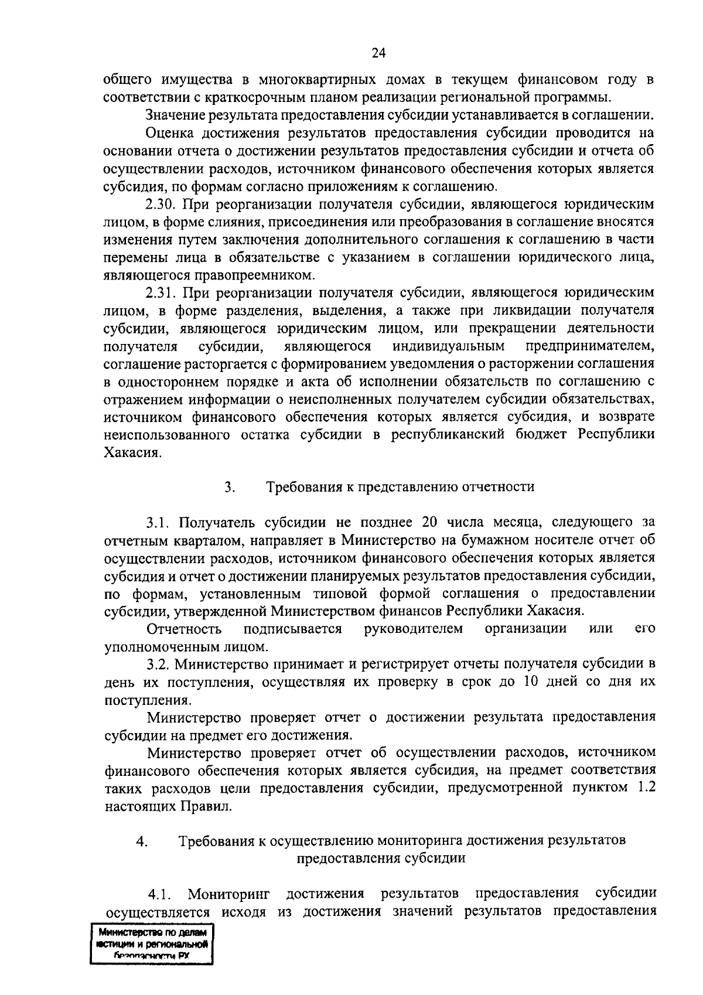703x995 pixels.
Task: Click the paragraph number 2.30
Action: [160, 205]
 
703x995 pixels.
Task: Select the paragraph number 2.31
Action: [160, 292]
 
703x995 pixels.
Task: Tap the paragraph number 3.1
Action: [158, 522]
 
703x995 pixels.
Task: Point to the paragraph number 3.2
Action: [158, 664]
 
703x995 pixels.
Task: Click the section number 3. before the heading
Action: [229, 486]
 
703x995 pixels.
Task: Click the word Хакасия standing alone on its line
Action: [132, 453]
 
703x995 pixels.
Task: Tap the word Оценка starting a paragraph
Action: [170, 133]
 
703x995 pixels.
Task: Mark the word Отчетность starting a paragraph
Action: [185, 629]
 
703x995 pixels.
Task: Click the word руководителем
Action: [413, 629]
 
